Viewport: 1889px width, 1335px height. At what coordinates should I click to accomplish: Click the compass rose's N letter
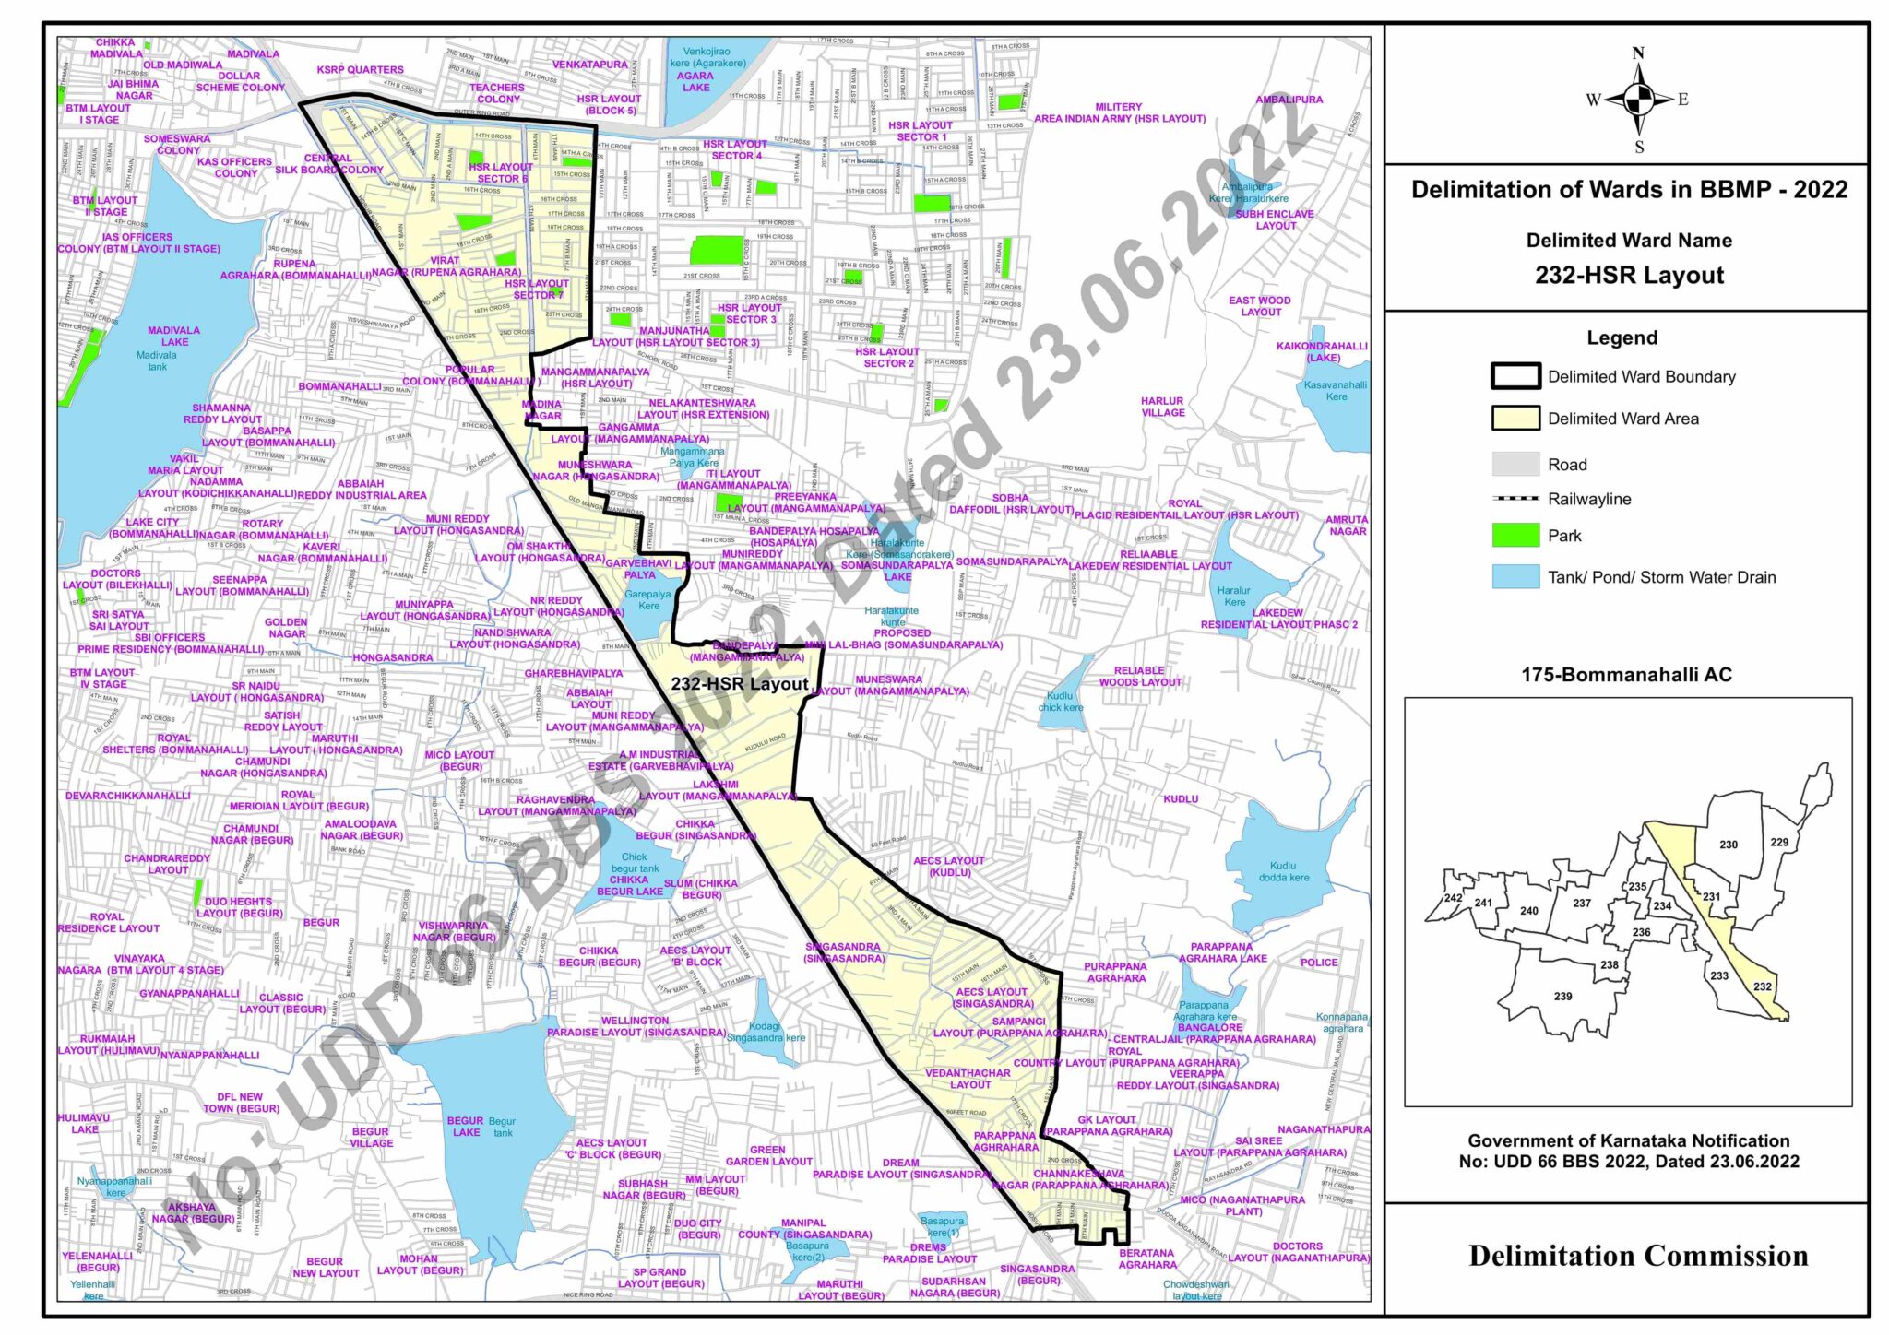1638,53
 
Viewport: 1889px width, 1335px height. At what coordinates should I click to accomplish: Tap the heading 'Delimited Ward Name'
1629,241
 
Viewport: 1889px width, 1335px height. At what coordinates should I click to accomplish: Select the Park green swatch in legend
1515,536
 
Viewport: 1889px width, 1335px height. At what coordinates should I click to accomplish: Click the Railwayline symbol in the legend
1515,499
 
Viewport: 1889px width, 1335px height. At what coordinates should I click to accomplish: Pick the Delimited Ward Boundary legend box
1515,376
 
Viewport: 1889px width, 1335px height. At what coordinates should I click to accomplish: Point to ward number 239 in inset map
1562,997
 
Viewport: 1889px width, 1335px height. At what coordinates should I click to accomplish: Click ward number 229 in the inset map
1779,842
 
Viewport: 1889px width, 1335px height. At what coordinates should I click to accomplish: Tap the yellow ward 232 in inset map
1762,986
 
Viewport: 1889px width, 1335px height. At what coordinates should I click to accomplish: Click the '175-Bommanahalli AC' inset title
1626,675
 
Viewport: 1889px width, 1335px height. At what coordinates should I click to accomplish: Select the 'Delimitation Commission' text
1638,1256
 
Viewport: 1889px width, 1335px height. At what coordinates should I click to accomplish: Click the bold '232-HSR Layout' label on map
740,684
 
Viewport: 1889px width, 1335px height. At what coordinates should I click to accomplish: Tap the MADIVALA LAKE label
173,336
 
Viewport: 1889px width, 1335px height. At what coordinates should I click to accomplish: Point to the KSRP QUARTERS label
360,70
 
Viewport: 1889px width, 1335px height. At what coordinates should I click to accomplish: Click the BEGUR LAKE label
466,1127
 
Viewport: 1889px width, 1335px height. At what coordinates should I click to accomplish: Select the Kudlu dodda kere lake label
1283,871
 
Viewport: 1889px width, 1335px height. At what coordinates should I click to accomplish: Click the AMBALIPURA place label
1289,100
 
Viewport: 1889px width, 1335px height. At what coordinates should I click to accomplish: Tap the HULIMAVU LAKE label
84,1123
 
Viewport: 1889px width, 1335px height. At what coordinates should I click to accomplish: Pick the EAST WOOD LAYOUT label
1259,306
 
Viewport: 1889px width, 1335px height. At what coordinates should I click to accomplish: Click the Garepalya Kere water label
647,599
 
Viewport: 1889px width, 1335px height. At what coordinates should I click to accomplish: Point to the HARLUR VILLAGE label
1162,407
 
